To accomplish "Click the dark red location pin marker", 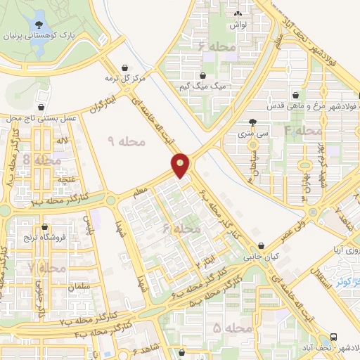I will [x=181, y=165].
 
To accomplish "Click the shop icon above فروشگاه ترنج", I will [x=46, y=227].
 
